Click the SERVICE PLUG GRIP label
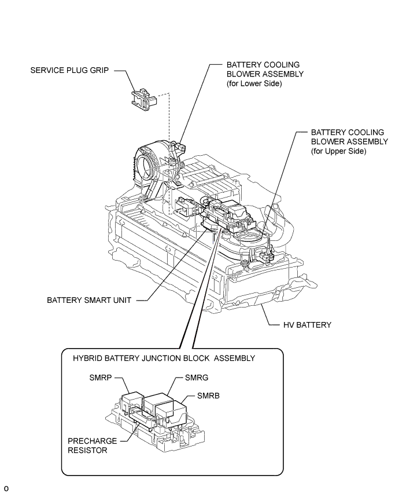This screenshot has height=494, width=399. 69,70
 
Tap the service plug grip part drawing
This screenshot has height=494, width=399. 144,100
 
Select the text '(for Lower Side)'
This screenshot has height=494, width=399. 254,84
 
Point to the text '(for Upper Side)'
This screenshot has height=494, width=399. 339,151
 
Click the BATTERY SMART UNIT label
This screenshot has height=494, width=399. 89,300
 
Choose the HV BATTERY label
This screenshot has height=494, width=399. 308,325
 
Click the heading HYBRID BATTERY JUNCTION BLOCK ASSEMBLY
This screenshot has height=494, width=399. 164,358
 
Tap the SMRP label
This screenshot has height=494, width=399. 101,378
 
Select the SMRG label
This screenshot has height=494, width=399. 197,378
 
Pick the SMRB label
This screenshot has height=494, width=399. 208,396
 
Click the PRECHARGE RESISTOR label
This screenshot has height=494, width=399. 88,445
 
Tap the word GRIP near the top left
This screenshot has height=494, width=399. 99,70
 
